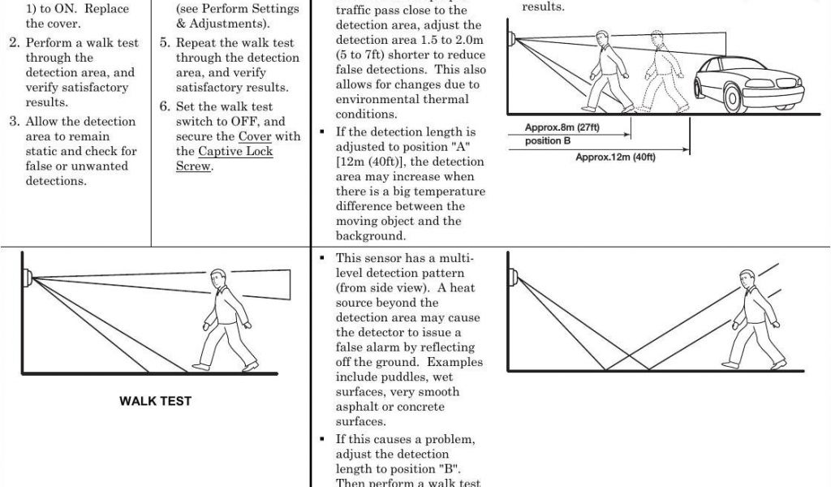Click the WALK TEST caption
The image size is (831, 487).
pos(156,401)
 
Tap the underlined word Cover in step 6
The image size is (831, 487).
pos(254,136)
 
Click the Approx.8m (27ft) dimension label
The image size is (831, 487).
pos(562,127)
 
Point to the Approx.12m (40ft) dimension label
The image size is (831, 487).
pos(615,157)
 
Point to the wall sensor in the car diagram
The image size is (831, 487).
pos(512,37)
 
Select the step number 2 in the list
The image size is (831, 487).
pos(14,43)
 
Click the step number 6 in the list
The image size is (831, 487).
pos(165,107)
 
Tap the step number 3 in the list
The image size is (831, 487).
pos(14,122)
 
